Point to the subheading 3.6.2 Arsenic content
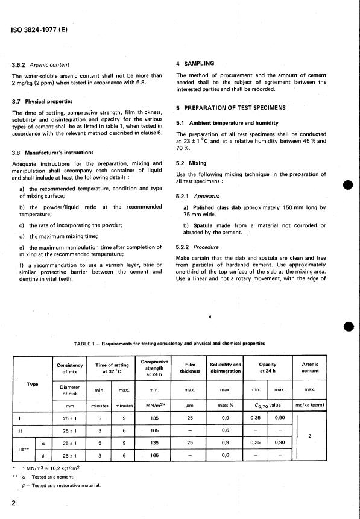pyautogui.click(x=41, y=64)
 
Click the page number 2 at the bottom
pyautogui.click(x=13, y=503)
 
